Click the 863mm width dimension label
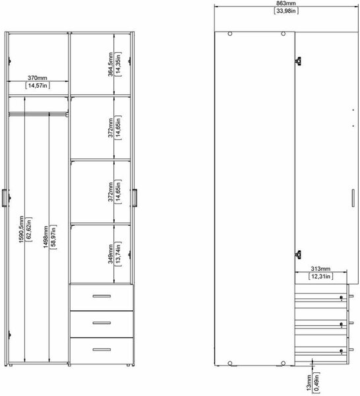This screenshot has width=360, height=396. pos(286,3)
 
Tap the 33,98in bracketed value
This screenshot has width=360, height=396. pos(286,11)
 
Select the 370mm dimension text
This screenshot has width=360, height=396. pos(38,78)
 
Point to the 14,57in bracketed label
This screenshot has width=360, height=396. pos(38,86)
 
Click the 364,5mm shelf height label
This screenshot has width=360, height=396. pos(110,64)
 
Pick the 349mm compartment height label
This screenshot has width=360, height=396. pos(110,253)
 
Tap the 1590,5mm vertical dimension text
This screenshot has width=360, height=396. pos(21,229)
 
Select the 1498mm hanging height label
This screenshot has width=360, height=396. pos(45,237)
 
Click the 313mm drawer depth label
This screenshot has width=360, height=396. pos(320,269)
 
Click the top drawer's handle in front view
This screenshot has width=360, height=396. pos(102,296)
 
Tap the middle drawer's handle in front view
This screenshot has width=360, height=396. pos(102,323)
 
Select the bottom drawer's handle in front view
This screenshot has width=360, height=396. pos(102,350)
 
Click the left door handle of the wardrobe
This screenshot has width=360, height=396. pos(5,198)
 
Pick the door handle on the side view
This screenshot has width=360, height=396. pos(353,198)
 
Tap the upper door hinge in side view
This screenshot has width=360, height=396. pos(299,61)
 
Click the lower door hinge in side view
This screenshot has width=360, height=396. pos(299,255)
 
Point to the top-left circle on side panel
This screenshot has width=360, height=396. pos(230,34)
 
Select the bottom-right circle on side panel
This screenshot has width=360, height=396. pos(283,363)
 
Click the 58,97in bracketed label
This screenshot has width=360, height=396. pos(53,237)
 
